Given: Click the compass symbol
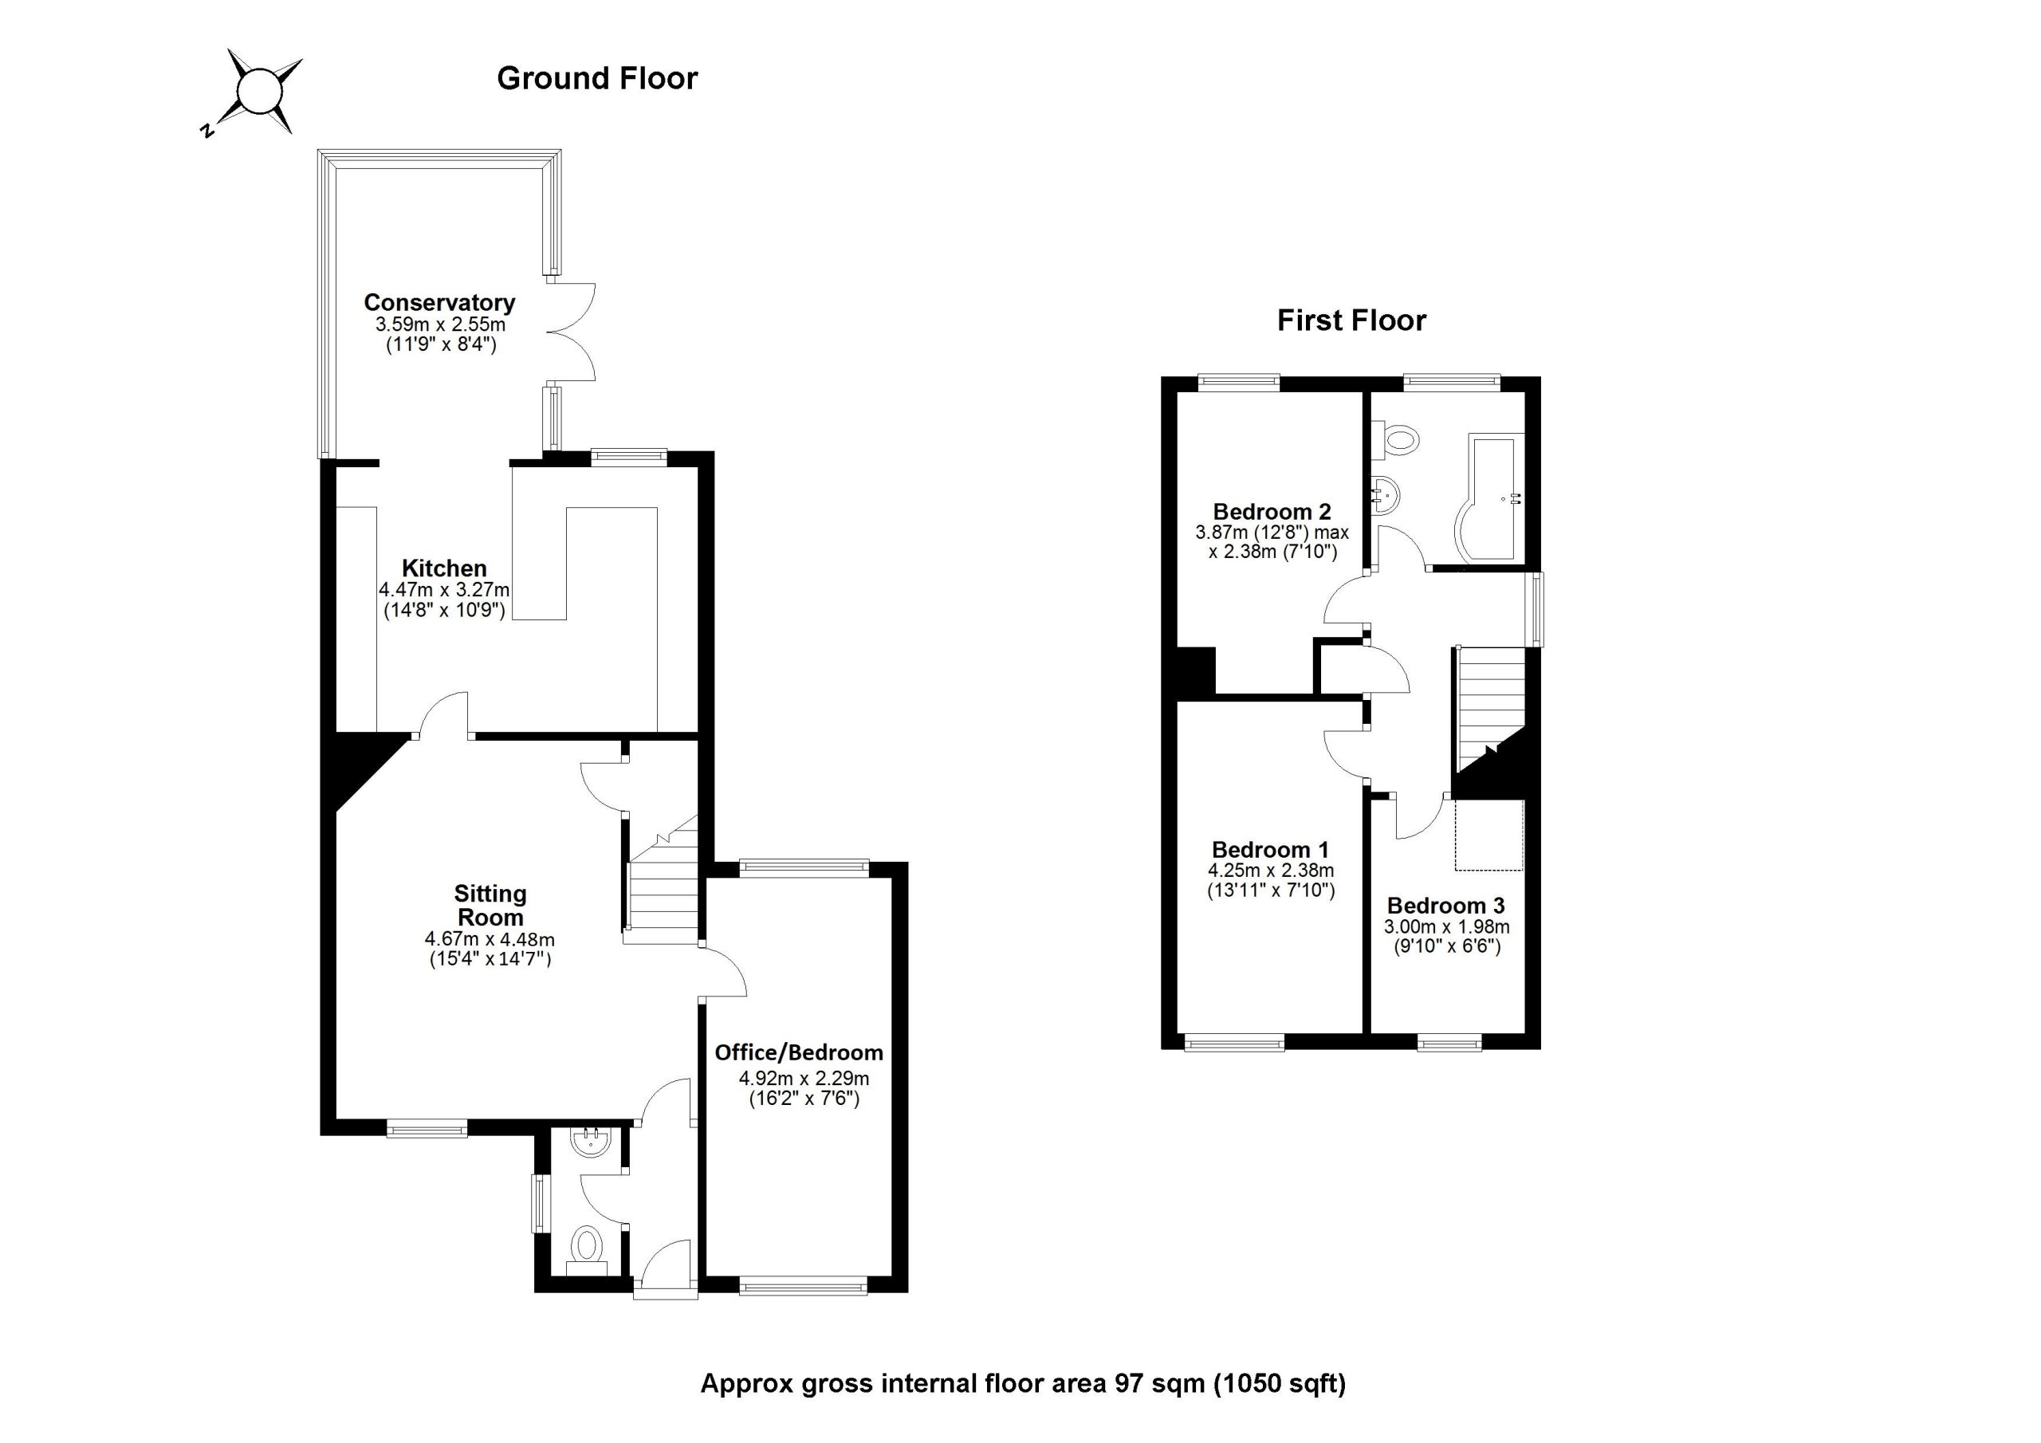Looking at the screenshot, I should (x=260, y=92).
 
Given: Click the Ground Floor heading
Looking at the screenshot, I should (x=596, y=78).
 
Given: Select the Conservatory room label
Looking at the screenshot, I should (x=439, y=302).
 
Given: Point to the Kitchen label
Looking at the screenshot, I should (x=443, y=568).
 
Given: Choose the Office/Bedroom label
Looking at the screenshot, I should (x=798, y=1052).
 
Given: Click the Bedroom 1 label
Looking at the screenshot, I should (x=1269, y=849).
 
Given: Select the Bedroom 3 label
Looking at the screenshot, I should (x=1445, y=905).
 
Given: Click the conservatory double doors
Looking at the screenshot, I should (x=571, y=332).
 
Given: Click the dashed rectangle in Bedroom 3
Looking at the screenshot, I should (x=1489, y=835).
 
